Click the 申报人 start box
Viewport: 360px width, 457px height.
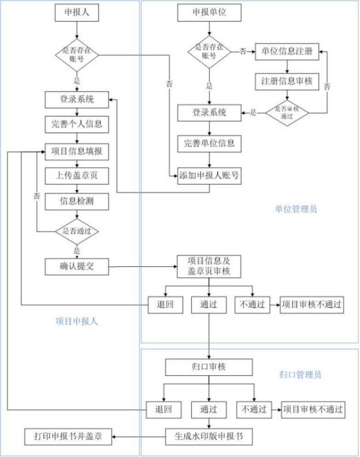pos(77,12)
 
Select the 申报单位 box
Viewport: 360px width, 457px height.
pos(209,12)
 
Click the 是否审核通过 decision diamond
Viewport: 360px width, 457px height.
pos(287,112)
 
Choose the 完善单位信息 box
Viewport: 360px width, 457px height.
pos(209,143)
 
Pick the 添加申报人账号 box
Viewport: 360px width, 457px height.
pos(209,176)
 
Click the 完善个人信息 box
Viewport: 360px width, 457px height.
pos(77,124)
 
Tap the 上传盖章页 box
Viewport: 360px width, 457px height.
pos(77,176)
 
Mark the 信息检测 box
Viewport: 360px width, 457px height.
pos(77,201)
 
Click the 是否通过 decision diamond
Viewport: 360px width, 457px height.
pos(77,231)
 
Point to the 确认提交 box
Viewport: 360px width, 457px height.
pos(77,266)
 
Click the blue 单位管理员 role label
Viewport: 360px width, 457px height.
pos(295,209)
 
